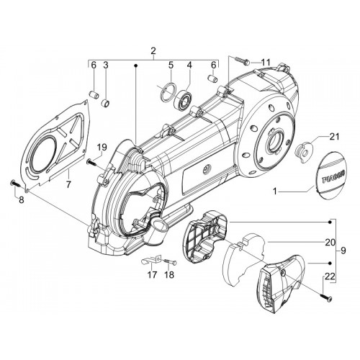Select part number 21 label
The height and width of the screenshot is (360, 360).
click(334, 137)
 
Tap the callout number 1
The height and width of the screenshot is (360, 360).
click(275, 192)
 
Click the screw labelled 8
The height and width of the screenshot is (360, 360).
click(15, 184)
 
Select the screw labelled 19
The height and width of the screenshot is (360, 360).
click(91, 163)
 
